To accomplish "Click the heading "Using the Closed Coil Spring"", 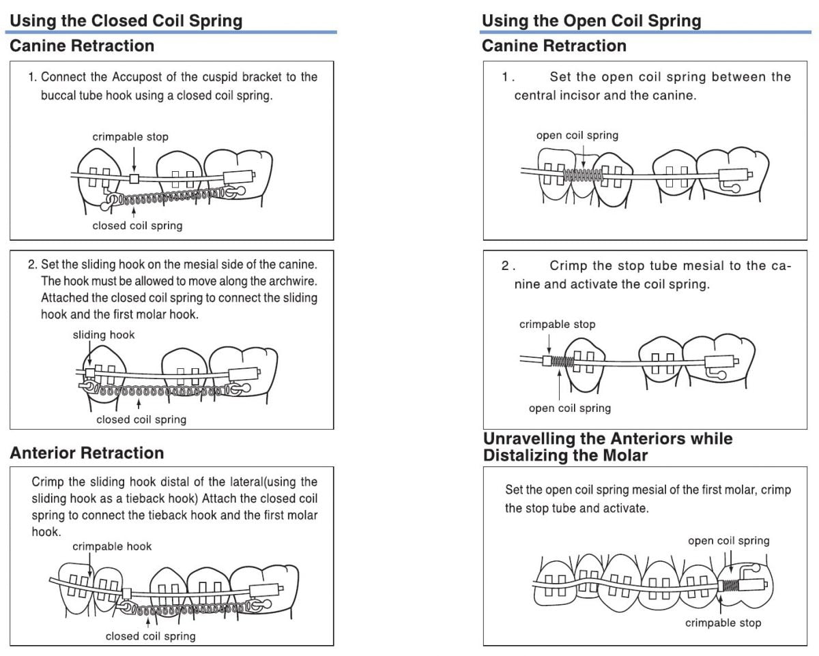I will [x=126, y=20].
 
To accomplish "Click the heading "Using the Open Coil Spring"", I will [x=591, y=20].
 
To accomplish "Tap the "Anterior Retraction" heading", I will [x=87, y=453].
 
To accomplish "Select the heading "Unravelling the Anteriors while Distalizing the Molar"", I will [x=607, y=447].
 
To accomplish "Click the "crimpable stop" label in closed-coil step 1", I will [x=130, y=137].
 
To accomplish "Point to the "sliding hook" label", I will [x=104, y=335].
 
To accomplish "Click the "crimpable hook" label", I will [x=112, y=546].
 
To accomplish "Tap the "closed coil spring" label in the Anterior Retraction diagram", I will [x=150, y=636].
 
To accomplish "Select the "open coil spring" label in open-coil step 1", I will [x=577, y=135].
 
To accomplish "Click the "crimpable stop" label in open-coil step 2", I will [x=557, y=324].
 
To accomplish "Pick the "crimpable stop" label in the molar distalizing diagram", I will [x=723, y=623].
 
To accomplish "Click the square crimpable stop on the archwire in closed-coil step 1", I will [x=134, y=179].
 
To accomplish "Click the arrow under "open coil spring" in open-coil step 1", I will [x=584, y=155].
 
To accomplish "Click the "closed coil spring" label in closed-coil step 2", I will [x=141, y=419].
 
